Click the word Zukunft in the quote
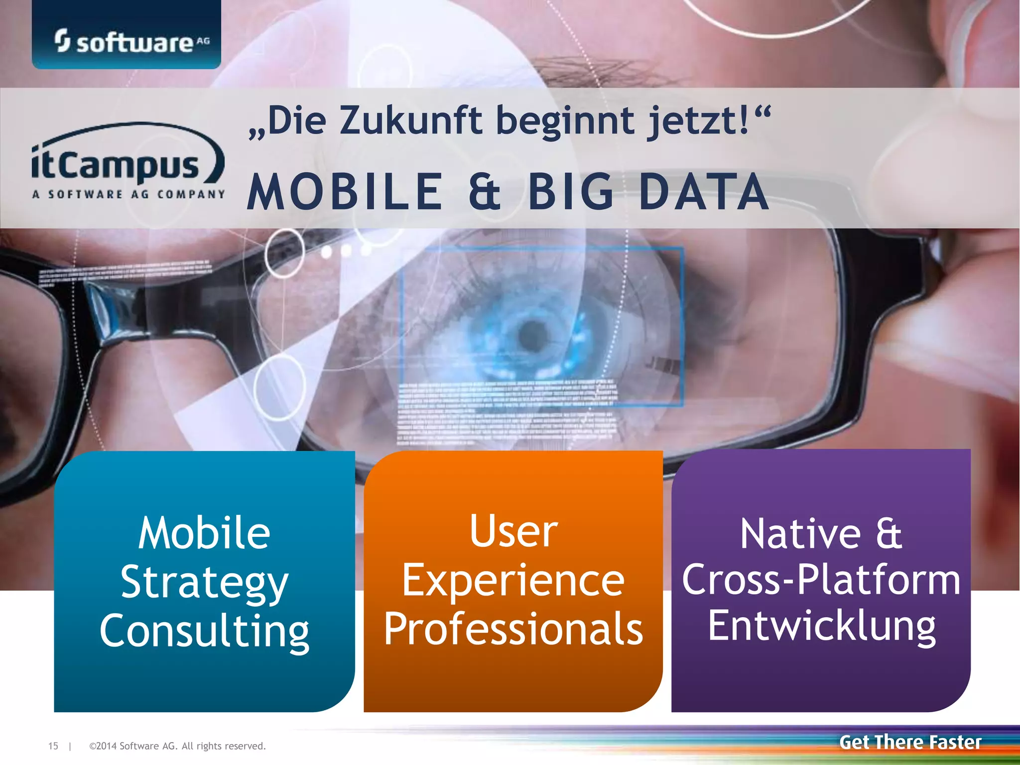point(411,121)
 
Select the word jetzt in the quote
point(697,121)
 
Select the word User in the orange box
point(513,531)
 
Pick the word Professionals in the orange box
point(513,629)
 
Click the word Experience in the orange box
point(513,581)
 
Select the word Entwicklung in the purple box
point(822,626)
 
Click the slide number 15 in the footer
point(53,746)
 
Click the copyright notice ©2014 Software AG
point(177,746)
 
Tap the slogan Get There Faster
point(910,742)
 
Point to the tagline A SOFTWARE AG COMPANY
point(128,194)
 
